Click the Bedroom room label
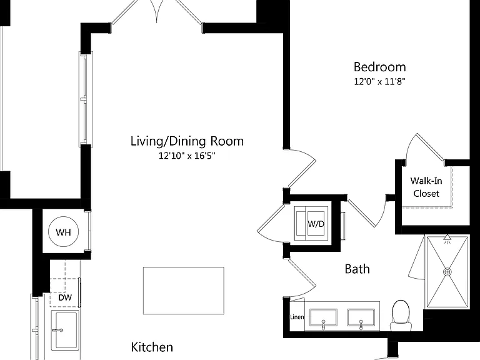379,67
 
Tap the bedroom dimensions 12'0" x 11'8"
379,81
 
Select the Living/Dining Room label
187,141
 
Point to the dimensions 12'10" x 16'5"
187,156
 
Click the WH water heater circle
63,232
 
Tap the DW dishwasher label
65,297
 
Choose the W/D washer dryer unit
311,223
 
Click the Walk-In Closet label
426,187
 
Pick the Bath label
357,269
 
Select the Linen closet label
297,317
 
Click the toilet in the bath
401,315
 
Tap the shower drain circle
447,271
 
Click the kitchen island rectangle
184,291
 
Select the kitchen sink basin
65,330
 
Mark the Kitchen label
152,347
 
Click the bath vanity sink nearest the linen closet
323,317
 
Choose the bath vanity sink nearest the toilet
361,317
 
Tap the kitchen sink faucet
57,330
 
